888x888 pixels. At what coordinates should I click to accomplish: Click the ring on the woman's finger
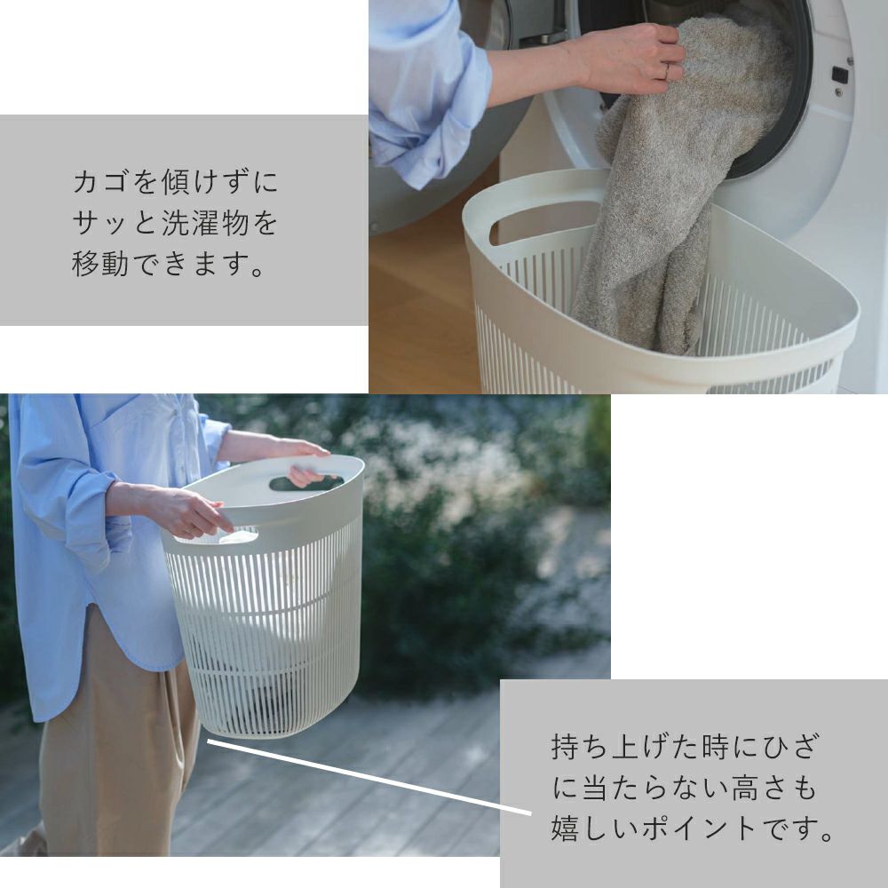tap(667, 72)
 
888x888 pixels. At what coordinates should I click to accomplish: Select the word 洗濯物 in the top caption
tap(205, 223)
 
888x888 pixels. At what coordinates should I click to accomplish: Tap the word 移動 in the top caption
tap(100, 264)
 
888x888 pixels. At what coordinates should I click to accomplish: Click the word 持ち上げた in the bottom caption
tap(624, 747)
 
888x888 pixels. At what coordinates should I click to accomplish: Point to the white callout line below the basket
tap(369, 777)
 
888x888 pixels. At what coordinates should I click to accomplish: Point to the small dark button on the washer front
tap(840, 74)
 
